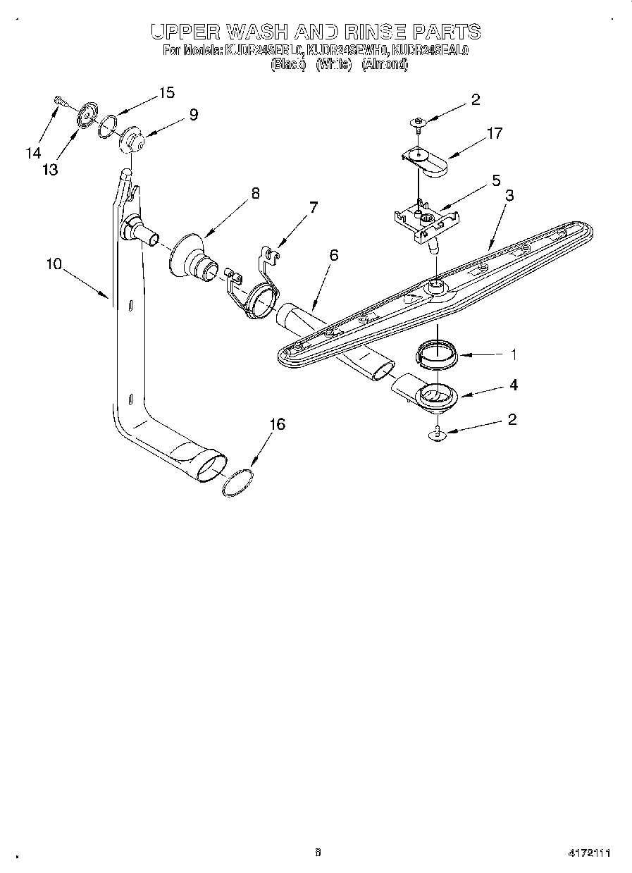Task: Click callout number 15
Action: pyautogui.click(x=166, y=92)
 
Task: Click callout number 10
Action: pyautogui.click(x=54, y=264)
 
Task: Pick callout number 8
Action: pyautogui.click(x=255, y=193)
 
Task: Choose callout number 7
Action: pyautogui.click(x=314, y=207)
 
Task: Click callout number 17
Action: pyautogui.click(x=495, y=132)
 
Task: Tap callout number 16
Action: pyautogui.click(x=278, y=424)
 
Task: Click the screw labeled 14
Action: pyautogui.click(x=59, y=103)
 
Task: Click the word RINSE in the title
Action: pyautogui.click(x=376, y=32)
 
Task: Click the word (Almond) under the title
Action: pyautogui.click(x=385, y=64)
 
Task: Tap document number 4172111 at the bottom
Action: pyautogui.click(x=589, y=853)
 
